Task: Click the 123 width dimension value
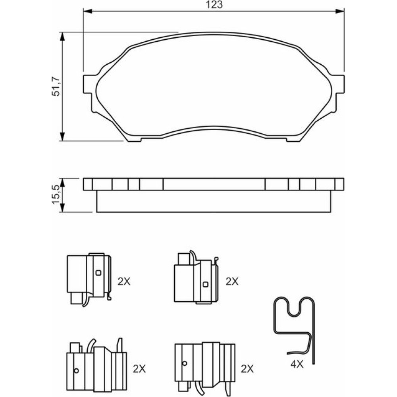click(214, 4)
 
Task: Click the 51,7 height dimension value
click(56, 86)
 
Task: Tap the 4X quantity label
click(297, 364)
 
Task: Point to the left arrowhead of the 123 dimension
click(87, 11)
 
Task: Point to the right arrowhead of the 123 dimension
click(340, 11)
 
